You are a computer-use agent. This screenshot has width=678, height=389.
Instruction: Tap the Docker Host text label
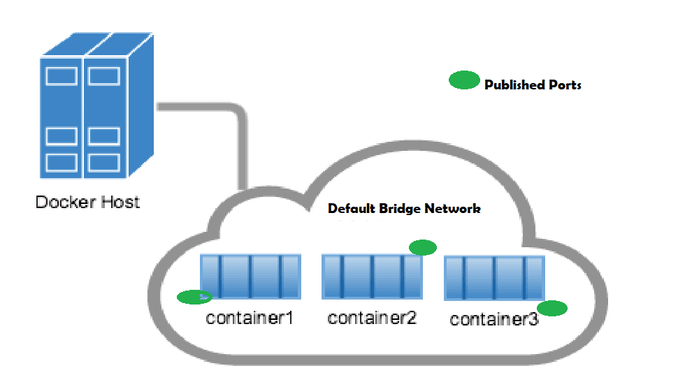(x=87, y=203)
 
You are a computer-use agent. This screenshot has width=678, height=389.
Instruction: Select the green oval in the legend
(x=463, y=81)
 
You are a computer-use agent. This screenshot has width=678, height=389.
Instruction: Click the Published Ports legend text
(x=533, y=85)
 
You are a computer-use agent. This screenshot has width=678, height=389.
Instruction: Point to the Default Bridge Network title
(x=404, y=209)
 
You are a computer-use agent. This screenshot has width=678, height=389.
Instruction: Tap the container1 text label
(x=250, y=318)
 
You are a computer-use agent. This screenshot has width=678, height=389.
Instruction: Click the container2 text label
(x=372, y=318)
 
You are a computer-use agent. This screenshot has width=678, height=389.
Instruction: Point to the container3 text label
(x=494, y=320)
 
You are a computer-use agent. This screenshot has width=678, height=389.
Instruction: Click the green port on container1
(x=194, y=297)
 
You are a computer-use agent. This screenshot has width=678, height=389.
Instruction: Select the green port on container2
(x=422, y=247)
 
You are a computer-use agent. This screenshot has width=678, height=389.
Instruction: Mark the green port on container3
(x=551, y=308)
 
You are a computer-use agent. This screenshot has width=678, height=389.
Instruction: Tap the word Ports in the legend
(x=564, y=85)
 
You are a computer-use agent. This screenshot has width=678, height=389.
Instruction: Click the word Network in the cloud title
(x=454, y=209)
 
